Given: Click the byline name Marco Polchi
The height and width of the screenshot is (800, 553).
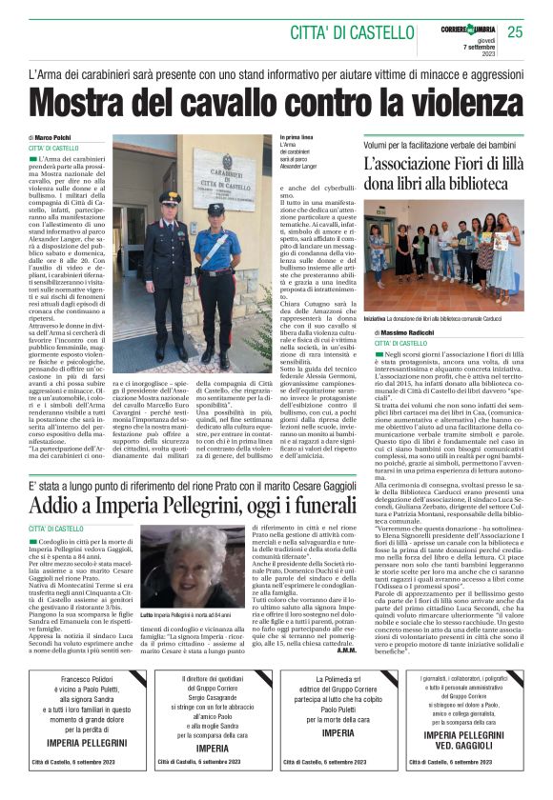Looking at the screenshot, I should tap(59, 139).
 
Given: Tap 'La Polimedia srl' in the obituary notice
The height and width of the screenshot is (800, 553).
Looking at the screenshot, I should tap(338, 679).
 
